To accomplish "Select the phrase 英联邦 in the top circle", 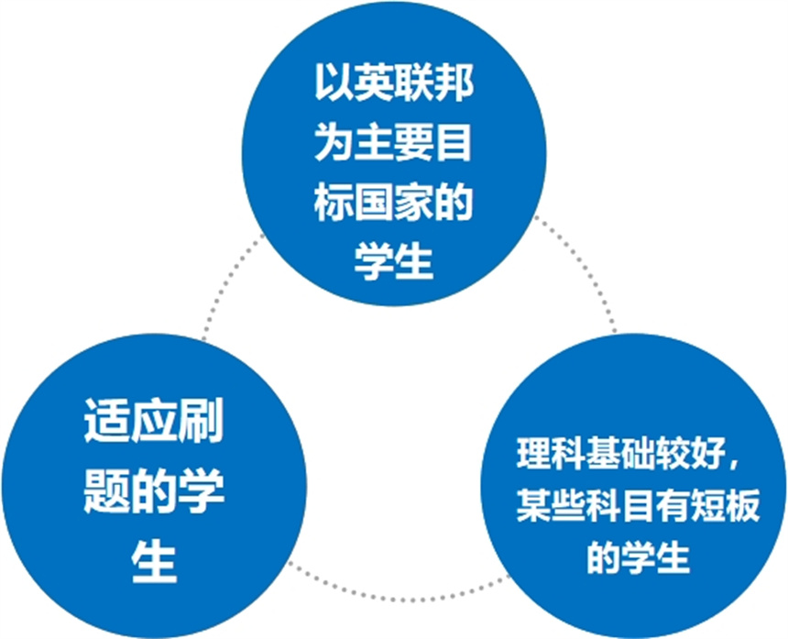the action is (x=414, y=83).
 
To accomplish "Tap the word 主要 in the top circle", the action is (x=395, y=143).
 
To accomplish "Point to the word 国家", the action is (x=395, y=204).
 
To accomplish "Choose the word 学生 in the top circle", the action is (x=395, y=262).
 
